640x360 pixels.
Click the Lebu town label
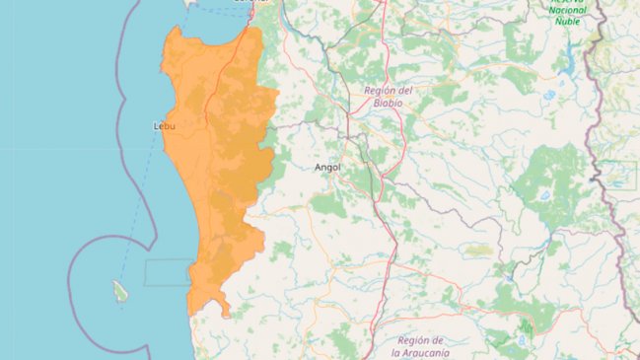(166, 126)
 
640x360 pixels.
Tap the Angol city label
(326, 167)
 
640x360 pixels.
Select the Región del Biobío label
(388, 96)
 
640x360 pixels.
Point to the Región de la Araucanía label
(421, 346)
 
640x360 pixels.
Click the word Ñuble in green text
(567, 20)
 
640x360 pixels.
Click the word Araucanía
(421, 352)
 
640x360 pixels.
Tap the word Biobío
(388, 102)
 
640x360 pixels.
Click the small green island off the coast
(120, 291)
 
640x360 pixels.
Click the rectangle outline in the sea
(168, 272)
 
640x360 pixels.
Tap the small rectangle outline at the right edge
(619, 175)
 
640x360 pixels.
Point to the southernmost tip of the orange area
(227, 316)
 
